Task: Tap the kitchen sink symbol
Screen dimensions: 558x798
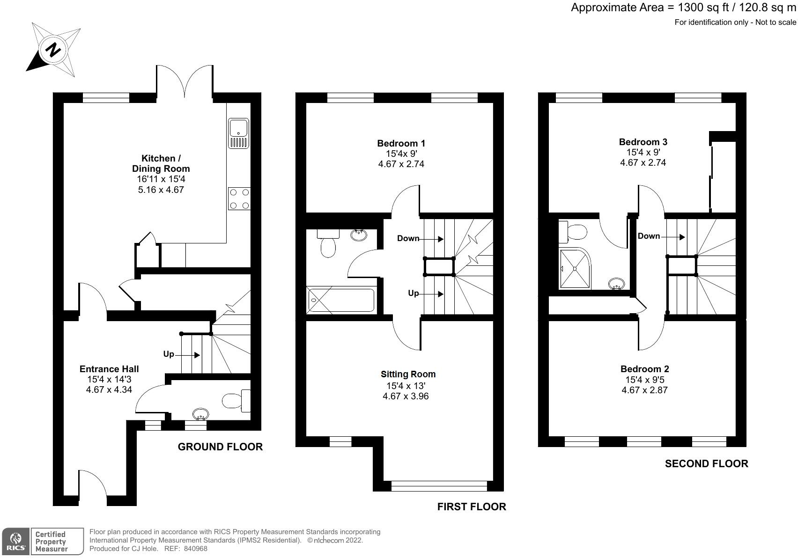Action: click(x=239, y=133)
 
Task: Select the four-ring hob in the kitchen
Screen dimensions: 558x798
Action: click(x=239, y=198)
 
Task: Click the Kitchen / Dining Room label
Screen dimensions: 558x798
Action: click(x=161, y=163)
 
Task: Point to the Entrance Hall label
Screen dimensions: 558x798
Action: click(x=109, y=369)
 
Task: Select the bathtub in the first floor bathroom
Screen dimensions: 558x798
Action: click(x=340, y=300)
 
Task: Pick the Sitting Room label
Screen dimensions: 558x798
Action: click(x=408, y=374)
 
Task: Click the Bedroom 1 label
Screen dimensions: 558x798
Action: click(x=401, y=143)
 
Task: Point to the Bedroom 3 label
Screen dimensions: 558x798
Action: click(x=643, y=142)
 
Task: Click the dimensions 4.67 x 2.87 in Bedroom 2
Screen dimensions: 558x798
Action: click(x=644, y=390)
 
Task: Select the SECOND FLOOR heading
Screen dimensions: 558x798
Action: click(x=706, y=463)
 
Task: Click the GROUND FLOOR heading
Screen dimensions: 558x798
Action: click(x=220, y=447)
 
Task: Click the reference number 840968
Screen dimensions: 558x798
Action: click(x=195, y=549)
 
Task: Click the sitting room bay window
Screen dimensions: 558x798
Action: click(x=439, y=486)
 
